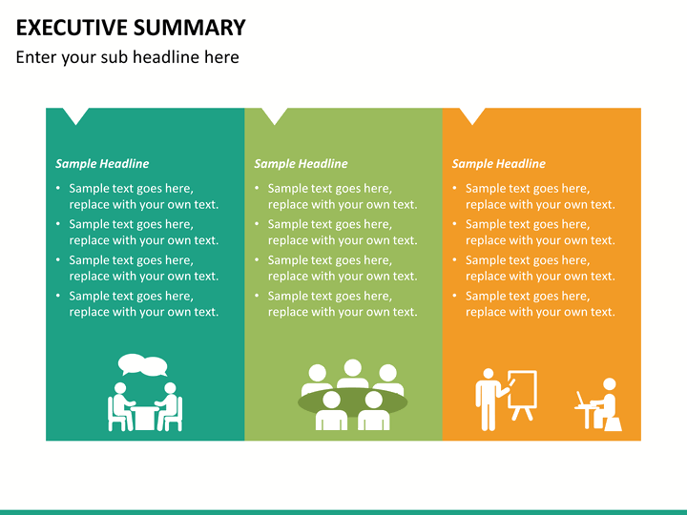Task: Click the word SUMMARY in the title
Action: (x=189, y=28)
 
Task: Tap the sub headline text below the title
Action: (x=128, y=57)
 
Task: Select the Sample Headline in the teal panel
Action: (x=102, y=164)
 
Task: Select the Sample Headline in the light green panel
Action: (x=301, y=164)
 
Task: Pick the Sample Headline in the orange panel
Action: (x=499, y=164)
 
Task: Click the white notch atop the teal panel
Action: (x=75, y=114)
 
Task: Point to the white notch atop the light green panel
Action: (x=275, y=114)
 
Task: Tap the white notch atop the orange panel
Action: (x=472, y=114)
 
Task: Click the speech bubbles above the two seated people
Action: (x=143, y=364)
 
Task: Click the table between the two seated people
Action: (x=144, y=419)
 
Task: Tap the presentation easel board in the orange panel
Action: (x=522, y=394)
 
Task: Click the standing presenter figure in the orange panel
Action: (x=489, y=400)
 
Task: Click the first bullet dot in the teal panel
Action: (x=58, y=188)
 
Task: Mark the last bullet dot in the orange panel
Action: (x=454, y=296)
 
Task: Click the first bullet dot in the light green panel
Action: (x=258, y=188)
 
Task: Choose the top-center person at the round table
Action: (x=353, y=373)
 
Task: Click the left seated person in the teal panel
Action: (x=119, y=406)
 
